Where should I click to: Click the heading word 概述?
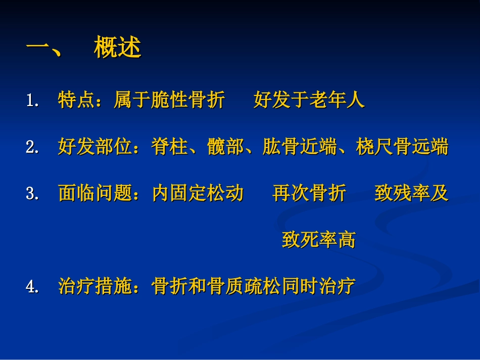[117, 49]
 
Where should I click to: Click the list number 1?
[33, 100]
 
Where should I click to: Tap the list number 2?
[33, 147]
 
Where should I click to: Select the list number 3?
[33, 194]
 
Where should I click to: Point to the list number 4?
[33, 287]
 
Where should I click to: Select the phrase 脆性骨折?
[188, 100]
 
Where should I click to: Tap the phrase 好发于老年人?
[309, 100]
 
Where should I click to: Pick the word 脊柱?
[169, 147]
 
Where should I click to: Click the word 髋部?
[225, 147]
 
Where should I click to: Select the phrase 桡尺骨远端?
[402, 147]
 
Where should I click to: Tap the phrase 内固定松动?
[198, 194]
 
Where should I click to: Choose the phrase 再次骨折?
[309, 194]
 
